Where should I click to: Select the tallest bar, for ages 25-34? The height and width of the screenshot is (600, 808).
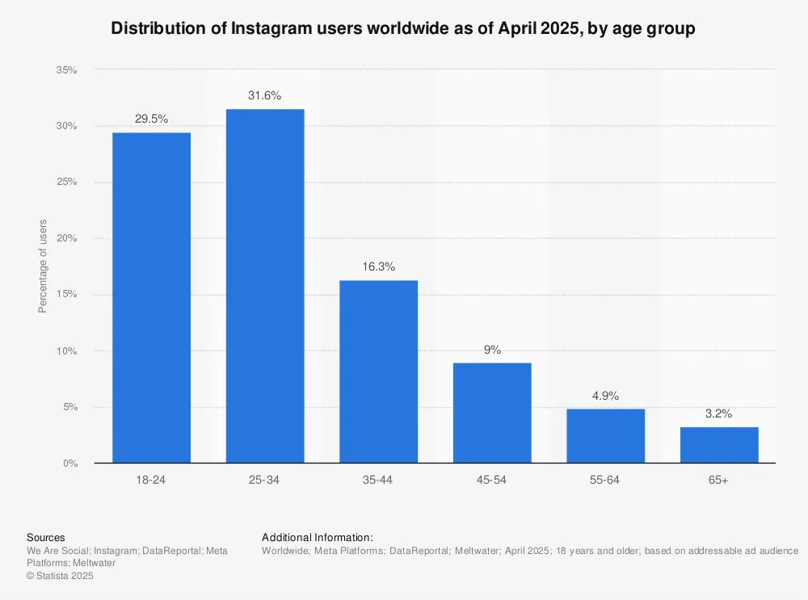[x=265, y=286]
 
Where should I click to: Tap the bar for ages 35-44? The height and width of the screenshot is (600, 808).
[x=378, y=371]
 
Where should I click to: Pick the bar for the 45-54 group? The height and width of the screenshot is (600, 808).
[x=492, y=413]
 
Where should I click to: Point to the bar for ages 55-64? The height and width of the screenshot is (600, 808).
[x=605, y=435]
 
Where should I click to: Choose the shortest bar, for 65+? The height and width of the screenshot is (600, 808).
[x=719, y=445]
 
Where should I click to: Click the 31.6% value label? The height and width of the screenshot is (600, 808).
[x=265, y=95]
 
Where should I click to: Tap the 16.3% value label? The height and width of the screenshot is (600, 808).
[x=378, y=266]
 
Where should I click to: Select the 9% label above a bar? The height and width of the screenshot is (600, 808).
[x=492, y=350]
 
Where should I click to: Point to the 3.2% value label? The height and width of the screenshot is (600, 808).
[x=719, y=413]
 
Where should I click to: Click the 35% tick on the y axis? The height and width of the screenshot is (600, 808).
[x=66, y=70]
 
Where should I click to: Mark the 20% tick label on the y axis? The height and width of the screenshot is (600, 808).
[x=66, y=239]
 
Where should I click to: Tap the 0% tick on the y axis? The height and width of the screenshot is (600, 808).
[x=69, y=464]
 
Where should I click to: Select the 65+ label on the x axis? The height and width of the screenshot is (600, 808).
[x=719, y=480]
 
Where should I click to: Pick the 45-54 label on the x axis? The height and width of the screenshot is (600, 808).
[x=492, y=480]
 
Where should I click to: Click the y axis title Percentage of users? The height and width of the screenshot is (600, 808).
[x=43, y=266]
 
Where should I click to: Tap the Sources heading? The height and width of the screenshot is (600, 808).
[x=46, y=537]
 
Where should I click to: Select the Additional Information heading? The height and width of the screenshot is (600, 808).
[x=318, y=537]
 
